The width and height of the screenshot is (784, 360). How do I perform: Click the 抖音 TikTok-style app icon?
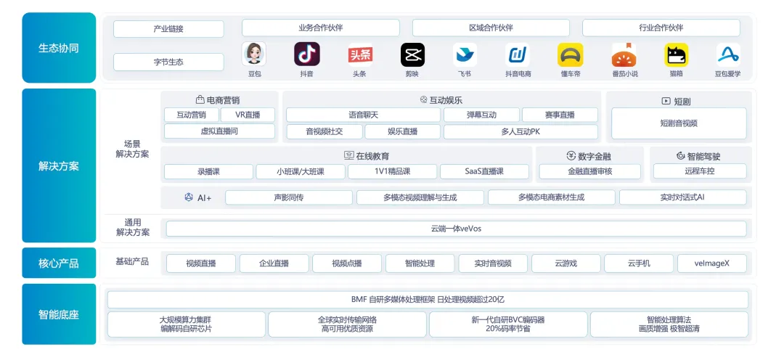click(x=307, y=54)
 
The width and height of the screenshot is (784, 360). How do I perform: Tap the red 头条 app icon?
click(x=360, y=54)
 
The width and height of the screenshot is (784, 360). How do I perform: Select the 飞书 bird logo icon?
click(x=465, y=54)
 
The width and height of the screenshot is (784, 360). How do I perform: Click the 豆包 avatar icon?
click(x=254, y=54)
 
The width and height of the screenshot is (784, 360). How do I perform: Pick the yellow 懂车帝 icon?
click(x=571, y=54)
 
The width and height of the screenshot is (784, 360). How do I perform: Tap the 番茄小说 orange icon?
click(x=624, y=54)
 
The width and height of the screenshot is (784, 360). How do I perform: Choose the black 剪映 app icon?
click(x=412, y=54)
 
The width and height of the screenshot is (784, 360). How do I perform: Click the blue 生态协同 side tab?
click(x=59, y=48)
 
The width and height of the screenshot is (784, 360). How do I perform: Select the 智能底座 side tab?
click(x=59, y=314)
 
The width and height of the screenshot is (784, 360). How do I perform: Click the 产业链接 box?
click(x=168, y=29)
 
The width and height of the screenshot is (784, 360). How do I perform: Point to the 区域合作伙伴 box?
click(x=491, y=28)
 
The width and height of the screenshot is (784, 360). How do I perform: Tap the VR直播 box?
click(x=248, y=115)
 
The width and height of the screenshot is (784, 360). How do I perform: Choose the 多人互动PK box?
click(x=520, y=131)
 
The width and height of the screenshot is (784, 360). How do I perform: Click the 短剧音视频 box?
click(x=678, y=123)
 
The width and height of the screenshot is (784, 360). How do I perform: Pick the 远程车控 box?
click(x=699, y=171)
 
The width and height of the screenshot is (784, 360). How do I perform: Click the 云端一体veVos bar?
click(x=456, y=229)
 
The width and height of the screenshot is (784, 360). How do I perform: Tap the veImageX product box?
click(x=711, y=263)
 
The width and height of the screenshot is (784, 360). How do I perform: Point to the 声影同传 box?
click(x=288, y=197)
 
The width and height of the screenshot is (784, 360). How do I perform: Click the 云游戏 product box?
click(x=565, y=263)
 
